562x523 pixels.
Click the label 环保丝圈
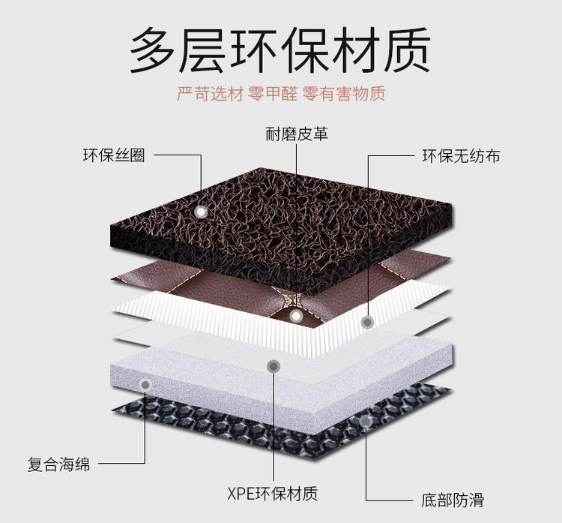(x=113, y=156)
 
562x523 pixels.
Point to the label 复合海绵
(x=58, y=464)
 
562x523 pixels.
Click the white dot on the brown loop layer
(x=201, y=212)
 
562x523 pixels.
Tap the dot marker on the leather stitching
(x=297, y=317)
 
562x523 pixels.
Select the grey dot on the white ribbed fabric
(x=367, y=322)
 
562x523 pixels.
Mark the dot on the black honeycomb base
(x=366, y=422)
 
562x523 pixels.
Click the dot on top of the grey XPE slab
(x=274, y=366)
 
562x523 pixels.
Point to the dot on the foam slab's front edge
(x=145, y=385)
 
